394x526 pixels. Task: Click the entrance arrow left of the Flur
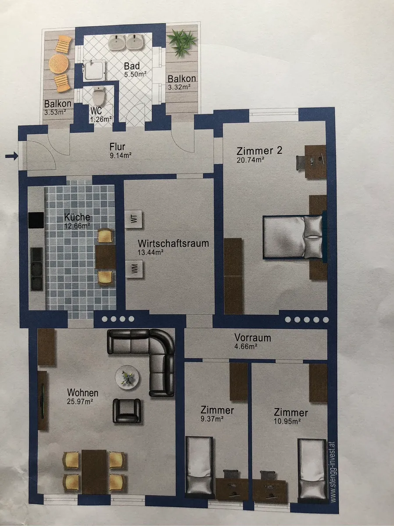(x=11, y=157)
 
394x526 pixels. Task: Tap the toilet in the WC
(x=98, y=95)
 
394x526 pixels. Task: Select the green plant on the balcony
(x=182, y=41)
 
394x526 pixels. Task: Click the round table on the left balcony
(x=58, y=64)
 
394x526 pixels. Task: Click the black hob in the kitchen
(x=36, y=220)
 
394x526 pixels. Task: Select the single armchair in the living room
(x=127, y=410)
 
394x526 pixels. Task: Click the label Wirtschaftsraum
(x=173, y=243)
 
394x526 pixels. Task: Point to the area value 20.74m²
(x=251, y=160)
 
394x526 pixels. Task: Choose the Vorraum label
(x=253, y=338)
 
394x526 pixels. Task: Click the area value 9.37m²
(x=212, y=419)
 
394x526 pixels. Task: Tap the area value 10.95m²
(x=287, y=421)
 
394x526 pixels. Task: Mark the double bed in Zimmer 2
(x=293, y=237)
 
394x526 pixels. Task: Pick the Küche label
(x=77, y=217)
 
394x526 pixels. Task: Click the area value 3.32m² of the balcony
(x=179, y=87)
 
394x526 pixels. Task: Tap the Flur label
(x=117, y=147)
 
